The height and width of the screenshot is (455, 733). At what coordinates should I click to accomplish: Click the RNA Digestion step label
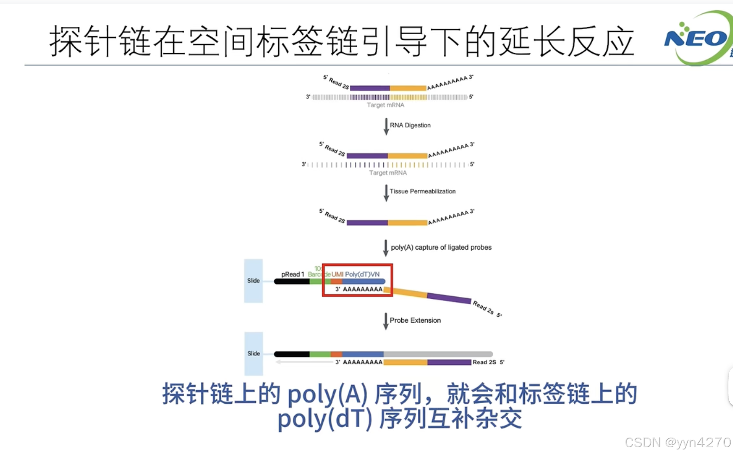410,125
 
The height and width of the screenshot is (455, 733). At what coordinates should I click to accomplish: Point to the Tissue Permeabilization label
422,191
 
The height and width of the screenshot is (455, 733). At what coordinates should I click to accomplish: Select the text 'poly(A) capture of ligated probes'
441,247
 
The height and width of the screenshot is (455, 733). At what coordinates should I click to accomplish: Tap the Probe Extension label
415,320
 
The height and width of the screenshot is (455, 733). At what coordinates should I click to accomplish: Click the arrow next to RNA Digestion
386,126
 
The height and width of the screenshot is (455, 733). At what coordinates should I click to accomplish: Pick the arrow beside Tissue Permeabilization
386,193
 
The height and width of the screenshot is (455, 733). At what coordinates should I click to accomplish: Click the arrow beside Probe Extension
385,321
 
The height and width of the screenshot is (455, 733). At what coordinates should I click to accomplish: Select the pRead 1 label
292,274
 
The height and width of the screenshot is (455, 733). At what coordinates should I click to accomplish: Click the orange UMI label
337,274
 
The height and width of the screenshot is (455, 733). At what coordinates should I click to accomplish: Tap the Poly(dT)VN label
362,274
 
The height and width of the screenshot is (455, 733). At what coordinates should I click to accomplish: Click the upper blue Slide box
253,281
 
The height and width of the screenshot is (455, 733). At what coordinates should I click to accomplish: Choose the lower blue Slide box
253,354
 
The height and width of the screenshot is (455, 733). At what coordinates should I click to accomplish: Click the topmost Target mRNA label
385,105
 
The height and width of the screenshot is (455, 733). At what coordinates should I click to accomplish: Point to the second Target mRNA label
388,173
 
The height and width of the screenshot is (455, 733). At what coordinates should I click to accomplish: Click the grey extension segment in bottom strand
438,354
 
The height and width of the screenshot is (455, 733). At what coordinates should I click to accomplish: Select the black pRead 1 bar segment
292,282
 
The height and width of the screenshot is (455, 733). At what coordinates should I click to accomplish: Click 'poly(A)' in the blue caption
328,394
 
